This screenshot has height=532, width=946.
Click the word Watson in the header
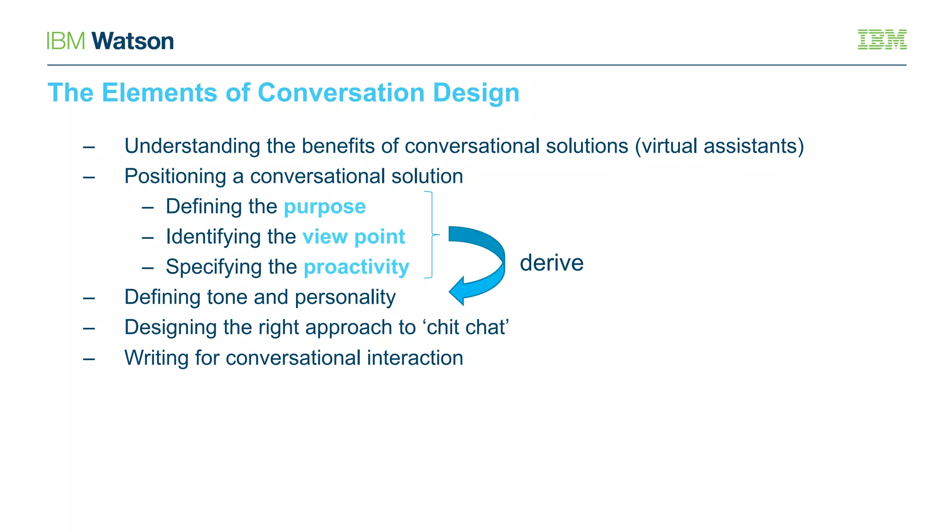click(x=133, y=41)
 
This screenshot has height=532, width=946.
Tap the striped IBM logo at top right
click(x=882, y=40)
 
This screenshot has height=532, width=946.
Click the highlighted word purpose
click(x=325, y=206)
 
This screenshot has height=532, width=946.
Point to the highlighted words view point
click(x=354, y=236)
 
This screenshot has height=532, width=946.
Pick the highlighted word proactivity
click(x=357, y=267)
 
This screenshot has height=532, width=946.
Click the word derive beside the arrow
click(x=552, y=263)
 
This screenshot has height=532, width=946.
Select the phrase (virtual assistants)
click(x=719, y=146)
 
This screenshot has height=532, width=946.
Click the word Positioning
click(x=175, y=176)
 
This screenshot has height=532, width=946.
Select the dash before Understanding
click(x=89, y=147)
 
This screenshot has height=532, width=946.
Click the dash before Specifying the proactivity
click(x=148, y=268)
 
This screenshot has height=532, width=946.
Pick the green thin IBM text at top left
click(x=66, y=41)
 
